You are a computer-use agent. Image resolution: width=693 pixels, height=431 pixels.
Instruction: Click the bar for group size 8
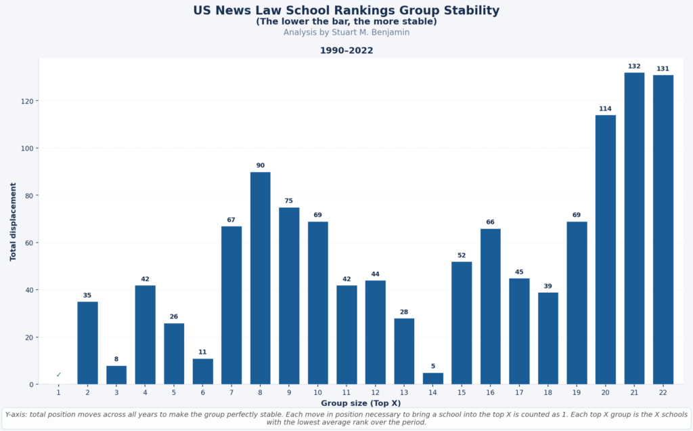point(261,278)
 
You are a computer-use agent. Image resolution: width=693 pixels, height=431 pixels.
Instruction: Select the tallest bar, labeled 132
point(634,228)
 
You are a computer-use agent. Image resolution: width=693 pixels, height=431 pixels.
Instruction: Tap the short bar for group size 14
point(433,379)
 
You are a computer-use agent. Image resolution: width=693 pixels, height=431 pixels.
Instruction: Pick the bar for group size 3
point(116,375)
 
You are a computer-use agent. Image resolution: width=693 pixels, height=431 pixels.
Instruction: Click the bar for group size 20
point(606,249)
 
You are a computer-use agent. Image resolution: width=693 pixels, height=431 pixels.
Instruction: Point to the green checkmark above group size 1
point(59,375)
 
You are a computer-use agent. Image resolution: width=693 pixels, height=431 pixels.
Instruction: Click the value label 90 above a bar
point(261,165)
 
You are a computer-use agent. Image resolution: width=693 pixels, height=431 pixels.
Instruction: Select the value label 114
point(606,109)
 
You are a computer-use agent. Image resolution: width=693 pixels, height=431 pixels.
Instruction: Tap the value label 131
point(663,68)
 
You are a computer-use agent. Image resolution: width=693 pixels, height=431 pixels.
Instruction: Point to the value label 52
point(462,255)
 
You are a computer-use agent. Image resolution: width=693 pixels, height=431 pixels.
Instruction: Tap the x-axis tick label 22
point(663,392)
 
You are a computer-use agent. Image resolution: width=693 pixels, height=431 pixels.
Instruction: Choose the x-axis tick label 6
point(203,392)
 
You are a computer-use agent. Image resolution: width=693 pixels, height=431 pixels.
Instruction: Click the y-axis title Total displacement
point(13,221)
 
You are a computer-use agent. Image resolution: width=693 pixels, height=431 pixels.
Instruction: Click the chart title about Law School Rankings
point(346,11)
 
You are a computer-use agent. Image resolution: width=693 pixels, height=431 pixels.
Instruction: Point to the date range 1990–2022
point(346,51)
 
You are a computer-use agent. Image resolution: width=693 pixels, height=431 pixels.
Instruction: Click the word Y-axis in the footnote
point(17,413)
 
